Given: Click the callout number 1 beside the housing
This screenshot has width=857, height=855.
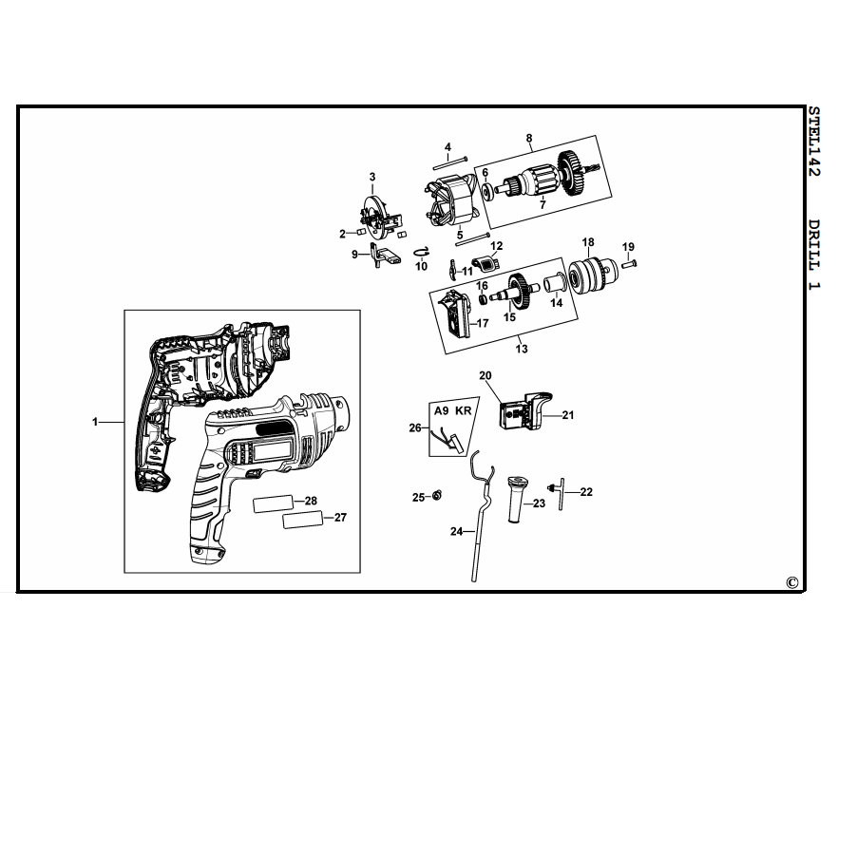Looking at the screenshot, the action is pos(95,422).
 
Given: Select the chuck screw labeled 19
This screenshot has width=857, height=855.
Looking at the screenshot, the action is pos(629,264).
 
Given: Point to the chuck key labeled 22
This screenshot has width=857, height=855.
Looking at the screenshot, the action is pos(559,492).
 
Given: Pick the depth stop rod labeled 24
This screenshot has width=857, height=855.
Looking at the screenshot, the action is pos(479,515).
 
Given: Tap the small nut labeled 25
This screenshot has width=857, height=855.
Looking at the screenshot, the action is pos(437,496).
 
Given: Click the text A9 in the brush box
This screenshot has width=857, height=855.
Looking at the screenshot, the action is pos(442,410).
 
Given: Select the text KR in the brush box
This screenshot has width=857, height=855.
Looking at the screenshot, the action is pos(464,410).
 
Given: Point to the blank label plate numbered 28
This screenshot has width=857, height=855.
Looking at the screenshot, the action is pos(274,503).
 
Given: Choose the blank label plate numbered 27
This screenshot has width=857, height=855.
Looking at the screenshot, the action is pos(303,520).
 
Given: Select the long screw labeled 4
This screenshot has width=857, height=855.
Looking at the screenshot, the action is pos(450,162).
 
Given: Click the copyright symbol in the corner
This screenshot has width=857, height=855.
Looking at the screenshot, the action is pos(792,582).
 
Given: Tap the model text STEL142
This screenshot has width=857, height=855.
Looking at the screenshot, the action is pos(814,142).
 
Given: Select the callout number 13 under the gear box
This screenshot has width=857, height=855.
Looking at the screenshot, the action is pos(522,349).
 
